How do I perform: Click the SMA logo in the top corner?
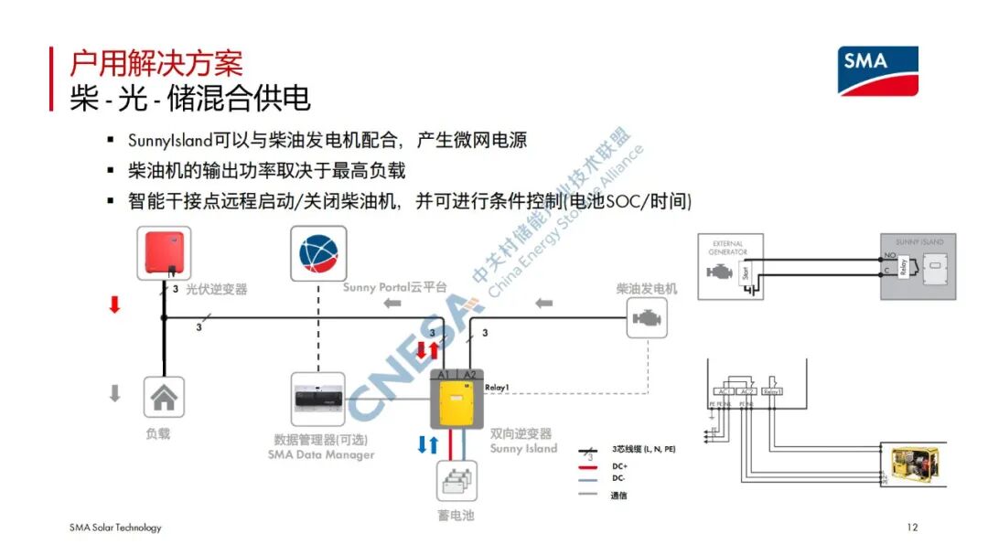(x=878, y=70)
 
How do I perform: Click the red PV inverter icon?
(x=166, y=252)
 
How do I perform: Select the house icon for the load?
(x=164, y=398)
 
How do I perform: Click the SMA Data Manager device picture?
(x=317, y=400)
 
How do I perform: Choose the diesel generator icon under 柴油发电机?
(x=647, y=321)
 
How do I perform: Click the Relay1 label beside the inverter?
(x=497, y=387)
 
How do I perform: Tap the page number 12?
(x=911, y=528)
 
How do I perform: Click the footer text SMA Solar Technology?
(x=115, y=528)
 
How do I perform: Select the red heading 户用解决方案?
(x=156, y=64)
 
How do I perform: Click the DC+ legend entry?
(x=620, y=465)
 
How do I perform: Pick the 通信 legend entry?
(x=620, y=495)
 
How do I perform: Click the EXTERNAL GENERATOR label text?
(x=727, y=248)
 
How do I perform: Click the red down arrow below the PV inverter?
(x=114, y=305)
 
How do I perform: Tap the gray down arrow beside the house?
(x=114, y=393)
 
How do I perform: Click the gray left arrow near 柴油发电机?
(x=544, y=302)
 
